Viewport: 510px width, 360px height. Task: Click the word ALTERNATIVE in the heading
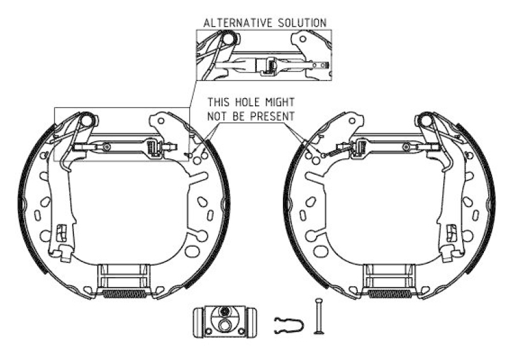(x=238, y=23)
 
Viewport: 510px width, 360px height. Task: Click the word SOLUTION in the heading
(x=302, y=23)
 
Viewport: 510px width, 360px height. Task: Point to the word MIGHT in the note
(x=280, y=102)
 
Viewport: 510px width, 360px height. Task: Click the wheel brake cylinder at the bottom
(x=224, y=321)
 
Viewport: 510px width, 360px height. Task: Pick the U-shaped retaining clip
(x=289, y=325)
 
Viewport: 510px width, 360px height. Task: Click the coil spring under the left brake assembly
(x=124, y=294)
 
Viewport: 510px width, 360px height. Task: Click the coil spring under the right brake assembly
(x=390, y=294)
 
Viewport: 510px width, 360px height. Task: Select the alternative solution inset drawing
(x=264, y=55)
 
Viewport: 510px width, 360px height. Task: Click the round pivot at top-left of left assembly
(x=87, y=119)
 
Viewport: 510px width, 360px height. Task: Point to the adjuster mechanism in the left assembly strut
(x=154, y=148)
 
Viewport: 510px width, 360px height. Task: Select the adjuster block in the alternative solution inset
(x=266, y=66)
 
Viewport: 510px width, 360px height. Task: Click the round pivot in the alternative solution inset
(x=229, y=38)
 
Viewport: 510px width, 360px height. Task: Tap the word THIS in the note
(x=219, y=102)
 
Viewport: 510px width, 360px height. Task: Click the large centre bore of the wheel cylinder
(x=224, y=324)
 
